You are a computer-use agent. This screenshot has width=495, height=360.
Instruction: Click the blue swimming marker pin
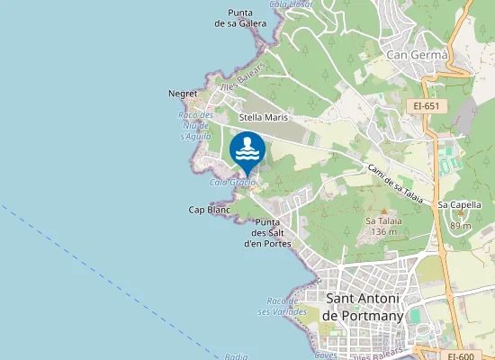(x=247, y=151)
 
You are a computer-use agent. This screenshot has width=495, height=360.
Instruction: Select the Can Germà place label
(x=417, y=55)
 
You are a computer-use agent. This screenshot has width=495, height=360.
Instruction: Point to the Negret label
(x=183, y=93)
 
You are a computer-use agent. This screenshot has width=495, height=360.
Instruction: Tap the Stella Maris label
(x=263, y=117)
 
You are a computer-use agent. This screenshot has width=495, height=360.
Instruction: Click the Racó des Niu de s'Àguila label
(x=195, y=126)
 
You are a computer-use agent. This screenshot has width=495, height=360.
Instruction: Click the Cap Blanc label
(x=209, y=210)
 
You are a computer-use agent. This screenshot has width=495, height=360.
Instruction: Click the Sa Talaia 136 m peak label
(x=382, y=226)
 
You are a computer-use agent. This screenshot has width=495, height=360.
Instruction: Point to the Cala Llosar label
(x=290, y=4)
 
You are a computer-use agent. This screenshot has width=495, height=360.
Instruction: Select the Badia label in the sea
(x=236, y=356)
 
